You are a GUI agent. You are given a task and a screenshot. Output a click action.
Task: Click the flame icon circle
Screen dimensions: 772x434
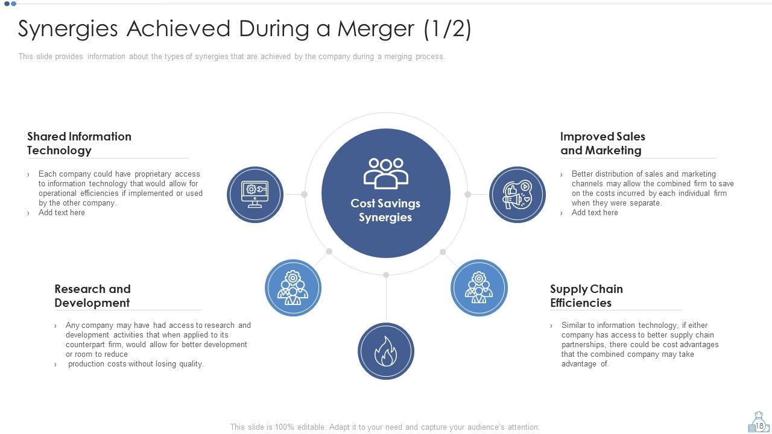(385, 351)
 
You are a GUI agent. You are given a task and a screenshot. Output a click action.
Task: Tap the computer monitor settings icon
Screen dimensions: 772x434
(255, 195)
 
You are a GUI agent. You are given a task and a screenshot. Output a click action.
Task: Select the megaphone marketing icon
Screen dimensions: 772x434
(517, 195)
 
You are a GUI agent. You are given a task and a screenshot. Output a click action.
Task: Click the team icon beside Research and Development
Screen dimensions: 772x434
(293, 288)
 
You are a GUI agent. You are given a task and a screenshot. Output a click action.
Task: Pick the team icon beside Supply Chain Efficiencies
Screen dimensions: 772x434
(479, 288)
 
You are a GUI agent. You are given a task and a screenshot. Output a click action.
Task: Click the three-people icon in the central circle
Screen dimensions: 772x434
(385, 173)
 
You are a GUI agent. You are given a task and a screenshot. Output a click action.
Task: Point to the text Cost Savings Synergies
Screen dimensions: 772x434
(385, 210)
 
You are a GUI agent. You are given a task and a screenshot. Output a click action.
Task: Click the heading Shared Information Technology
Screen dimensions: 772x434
(79, 143)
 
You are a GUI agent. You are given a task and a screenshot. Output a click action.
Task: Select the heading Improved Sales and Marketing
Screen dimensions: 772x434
(603, 143)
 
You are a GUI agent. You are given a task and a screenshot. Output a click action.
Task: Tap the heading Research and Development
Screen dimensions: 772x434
(92, 295)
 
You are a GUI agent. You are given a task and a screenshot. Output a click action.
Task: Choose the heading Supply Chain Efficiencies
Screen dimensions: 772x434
(586, 295)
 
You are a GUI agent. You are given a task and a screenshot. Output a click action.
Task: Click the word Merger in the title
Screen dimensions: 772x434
(376, 29)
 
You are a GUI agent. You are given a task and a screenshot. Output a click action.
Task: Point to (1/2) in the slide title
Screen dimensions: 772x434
(448, 29)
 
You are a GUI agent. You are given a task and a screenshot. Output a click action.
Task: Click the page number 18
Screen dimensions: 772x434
(759, 426)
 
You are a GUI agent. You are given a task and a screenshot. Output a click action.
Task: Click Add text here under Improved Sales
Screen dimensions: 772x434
(595, 213)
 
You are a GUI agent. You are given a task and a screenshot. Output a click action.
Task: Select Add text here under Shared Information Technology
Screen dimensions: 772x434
(62, 213)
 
